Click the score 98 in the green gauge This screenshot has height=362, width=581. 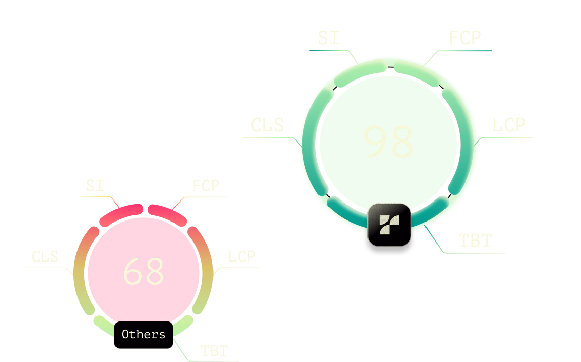(388, 142)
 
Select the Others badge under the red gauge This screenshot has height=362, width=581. (143, 335)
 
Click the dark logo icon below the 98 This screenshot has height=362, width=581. (389, 225)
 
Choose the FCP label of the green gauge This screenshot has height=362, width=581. (464, 38)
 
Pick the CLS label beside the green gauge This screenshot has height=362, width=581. (267, 125)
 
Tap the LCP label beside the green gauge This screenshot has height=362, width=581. (509, 125)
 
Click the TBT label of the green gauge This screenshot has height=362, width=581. (475, 240)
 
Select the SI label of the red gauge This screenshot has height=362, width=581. (95, 185)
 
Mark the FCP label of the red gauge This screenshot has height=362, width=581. (206, 185)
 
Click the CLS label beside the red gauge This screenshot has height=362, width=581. (45, 256)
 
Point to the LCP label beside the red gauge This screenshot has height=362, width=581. (241, 256)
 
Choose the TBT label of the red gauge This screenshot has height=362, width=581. (214, 351)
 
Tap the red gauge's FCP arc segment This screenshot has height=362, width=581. (167, 215)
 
